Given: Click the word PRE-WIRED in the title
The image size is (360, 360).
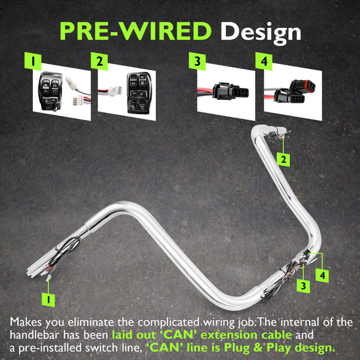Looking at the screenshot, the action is (135, 31).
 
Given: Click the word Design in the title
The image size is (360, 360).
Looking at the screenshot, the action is (261, 33).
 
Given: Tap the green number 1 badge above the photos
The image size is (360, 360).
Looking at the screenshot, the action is (33, 61).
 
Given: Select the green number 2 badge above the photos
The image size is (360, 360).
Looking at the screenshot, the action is (99, 61).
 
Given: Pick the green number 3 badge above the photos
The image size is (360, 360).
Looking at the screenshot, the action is (197, 61).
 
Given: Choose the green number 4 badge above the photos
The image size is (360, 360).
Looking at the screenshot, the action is (264, 61).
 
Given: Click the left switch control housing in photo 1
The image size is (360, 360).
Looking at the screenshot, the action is (50, 91).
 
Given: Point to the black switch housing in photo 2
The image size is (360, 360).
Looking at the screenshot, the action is (139, 92).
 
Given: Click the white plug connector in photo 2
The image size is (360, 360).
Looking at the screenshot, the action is (115, 91).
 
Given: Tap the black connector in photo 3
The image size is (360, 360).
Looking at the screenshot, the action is (230, 91).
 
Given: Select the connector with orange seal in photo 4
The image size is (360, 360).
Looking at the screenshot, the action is (302, 86).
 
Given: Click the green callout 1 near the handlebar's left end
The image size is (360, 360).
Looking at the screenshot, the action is (48, 300).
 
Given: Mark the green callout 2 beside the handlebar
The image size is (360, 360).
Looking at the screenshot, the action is (283, 160).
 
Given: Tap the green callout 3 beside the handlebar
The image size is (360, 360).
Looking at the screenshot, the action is (304, 286).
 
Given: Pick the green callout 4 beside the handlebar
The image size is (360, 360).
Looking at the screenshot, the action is (322, 276).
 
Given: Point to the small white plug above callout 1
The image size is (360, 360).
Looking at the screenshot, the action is (48, 278).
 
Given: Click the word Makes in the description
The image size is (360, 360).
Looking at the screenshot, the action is (25, 322).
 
